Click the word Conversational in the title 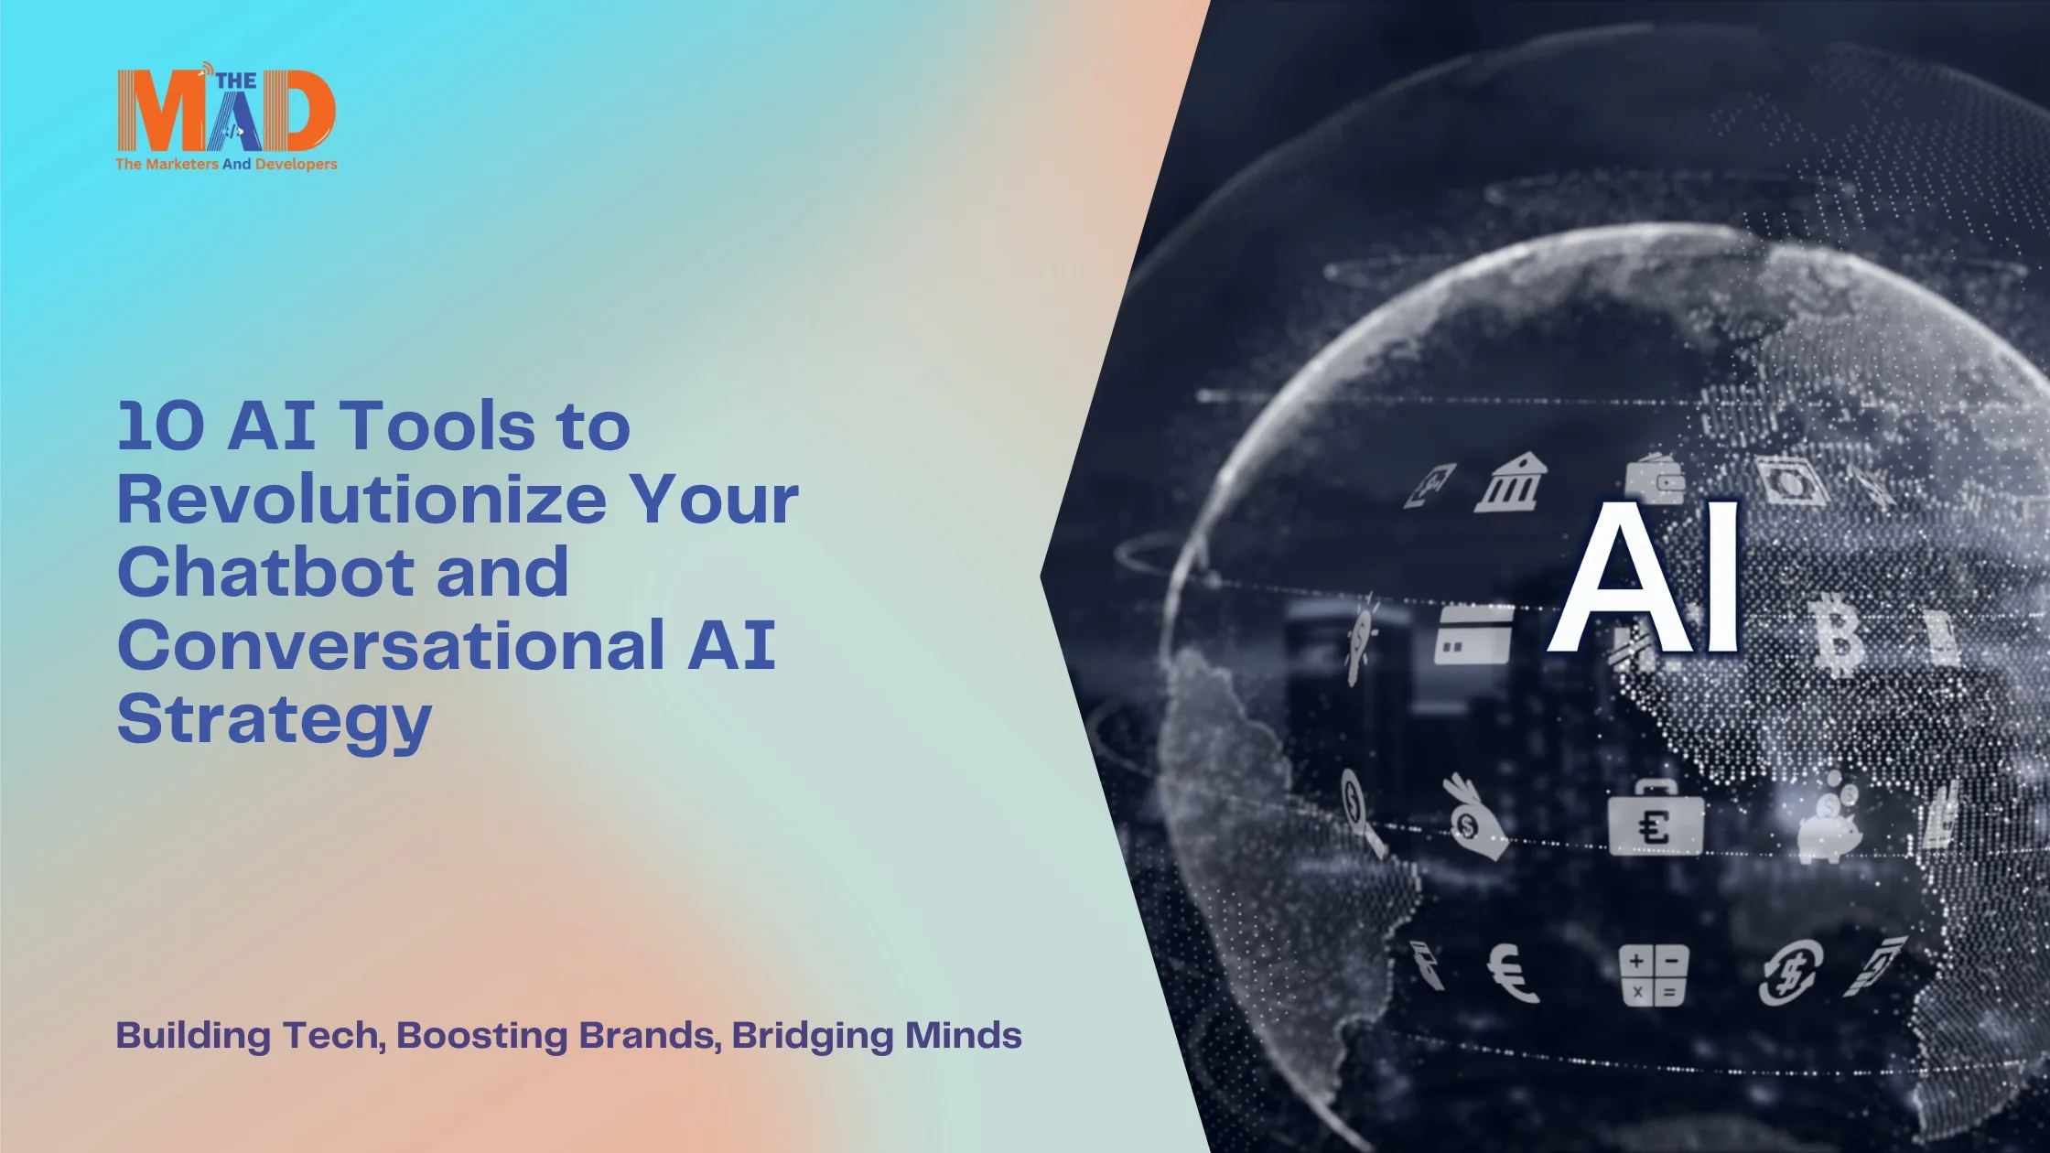(391, 646)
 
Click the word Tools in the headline (437, 426)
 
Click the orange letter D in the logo (297, 111)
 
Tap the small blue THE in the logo (236, 81)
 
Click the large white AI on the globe (1644, 576)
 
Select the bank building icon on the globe (1510, 483)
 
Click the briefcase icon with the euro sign (1656, 818)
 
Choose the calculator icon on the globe (1653, 976)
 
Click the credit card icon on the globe (1473, 634)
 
